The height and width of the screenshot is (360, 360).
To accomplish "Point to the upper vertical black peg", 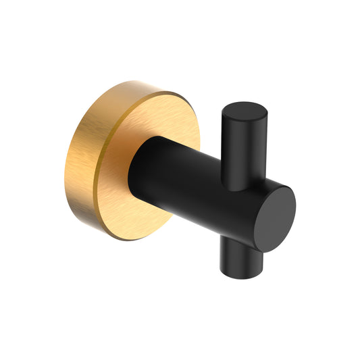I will coord(240,145).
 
